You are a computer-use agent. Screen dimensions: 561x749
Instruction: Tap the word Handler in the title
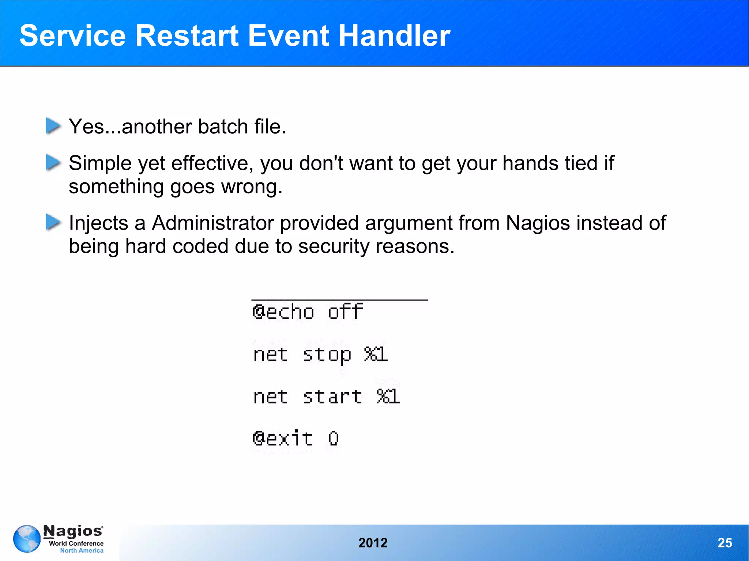394,35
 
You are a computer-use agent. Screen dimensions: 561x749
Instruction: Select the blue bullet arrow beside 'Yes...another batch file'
53,126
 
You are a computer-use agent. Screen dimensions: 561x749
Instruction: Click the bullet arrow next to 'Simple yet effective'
53,162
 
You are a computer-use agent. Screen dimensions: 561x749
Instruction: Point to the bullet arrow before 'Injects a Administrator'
53,222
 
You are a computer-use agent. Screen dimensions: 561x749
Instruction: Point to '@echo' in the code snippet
283,312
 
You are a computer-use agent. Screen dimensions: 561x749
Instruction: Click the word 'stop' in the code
327,355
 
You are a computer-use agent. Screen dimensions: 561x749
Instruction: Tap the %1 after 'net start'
388,397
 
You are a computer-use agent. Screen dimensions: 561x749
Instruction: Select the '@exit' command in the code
282,438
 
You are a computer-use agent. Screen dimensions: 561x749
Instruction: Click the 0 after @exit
333,438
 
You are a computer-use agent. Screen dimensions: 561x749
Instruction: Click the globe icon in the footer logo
27,539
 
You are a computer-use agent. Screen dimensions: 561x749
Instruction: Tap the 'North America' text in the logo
82,550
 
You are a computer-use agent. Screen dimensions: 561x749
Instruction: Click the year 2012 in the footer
373,543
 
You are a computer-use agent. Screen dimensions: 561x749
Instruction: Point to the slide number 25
724,543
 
